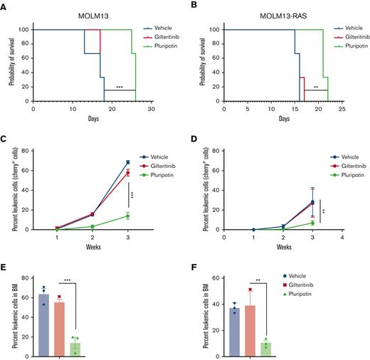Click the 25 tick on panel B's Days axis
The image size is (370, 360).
coord(342,108)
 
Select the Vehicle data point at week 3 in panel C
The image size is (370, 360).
coord(128,162)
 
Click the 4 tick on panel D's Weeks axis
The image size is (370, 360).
coord(342,235)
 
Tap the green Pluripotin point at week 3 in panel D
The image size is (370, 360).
coord(312,223)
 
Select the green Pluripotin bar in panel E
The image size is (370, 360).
coord(75,338)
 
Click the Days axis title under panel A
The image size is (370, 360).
coord(93,118)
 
